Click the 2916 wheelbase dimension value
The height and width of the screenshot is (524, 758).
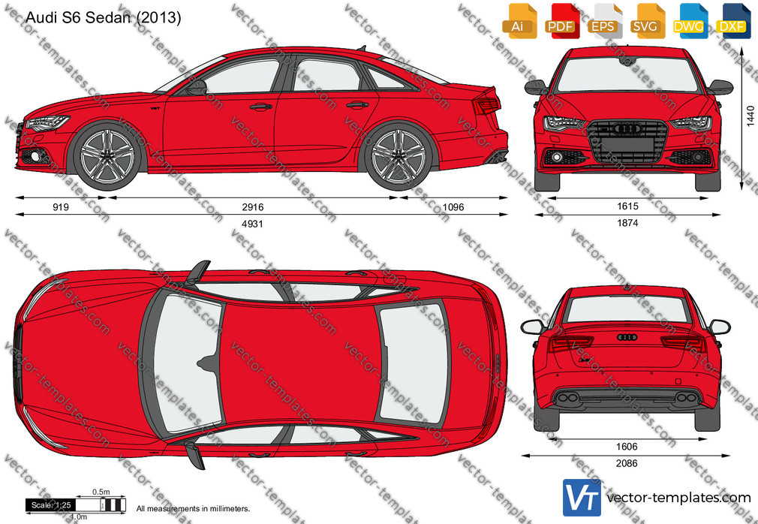[253, 207]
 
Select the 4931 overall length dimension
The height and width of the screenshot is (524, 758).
[252, 224]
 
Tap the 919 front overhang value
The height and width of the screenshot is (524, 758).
[61, 207]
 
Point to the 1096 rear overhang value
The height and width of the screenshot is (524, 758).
[453, 207]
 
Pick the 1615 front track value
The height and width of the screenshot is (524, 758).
[627, 206]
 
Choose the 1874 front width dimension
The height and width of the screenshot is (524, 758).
[627, 223]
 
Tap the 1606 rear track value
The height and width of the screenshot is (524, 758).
[627, 447]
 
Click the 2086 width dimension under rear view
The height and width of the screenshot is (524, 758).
[627, 463]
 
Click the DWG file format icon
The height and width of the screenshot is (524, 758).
[688, 21]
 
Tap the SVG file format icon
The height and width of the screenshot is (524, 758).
[646, 21]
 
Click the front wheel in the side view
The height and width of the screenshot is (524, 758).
[107, 157]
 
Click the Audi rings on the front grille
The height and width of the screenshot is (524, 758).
[627, 128]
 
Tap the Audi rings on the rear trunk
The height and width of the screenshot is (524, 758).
[627, 337]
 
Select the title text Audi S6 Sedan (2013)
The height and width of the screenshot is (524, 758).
[104, 17]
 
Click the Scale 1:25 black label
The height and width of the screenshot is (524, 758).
[51, 505]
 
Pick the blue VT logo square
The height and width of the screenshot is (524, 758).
[582, 498]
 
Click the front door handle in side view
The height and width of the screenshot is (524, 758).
[261, 107]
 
